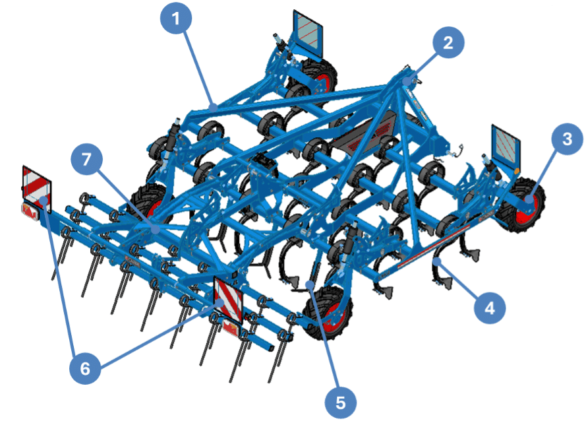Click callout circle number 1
[175, 18]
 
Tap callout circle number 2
[448, 42]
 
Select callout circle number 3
[567, 139]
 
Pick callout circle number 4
[490, 308]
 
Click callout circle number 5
[341, 403]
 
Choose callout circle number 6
[85, 368]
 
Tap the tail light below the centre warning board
[231, 327]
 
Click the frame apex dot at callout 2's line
[406, 81]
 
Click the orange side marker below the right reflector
[517, 172]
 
